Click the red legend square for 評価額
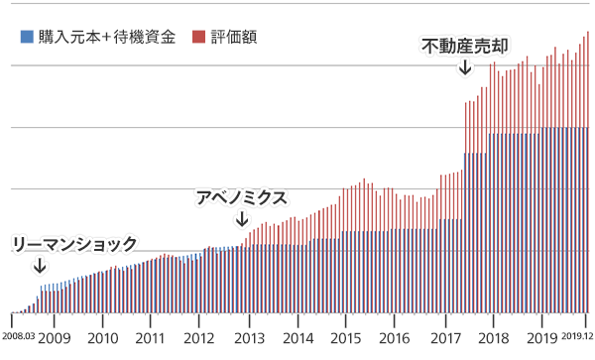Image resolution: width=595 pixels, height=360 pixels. tap(198, 37)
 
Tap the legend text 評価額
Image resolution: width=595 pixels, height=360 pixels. tap(235, 37)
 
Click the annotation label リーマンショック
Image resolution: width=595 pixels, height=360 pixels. tap(73, 243)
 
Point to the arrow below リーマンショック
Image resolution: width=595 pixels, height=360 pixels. tap(40, 266)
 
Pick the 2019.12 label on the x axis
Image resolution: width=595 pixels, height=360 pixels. tap(576, 338)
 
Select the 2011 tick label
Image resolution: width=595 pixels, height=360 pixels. tap(151, 338)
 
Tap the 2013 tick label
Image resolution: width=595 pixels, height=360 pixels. tap(248, 338)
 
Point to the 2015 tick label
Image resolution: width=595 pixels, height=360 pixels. tap(345, 338)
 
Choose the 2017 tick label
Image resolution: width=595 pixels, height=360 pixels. tap(443, 338)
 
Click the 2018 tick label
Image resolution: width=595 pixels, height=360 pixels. tap(492, 338)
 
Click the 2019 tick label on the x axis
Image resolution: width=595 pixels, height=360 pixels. tap(540, 338)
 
